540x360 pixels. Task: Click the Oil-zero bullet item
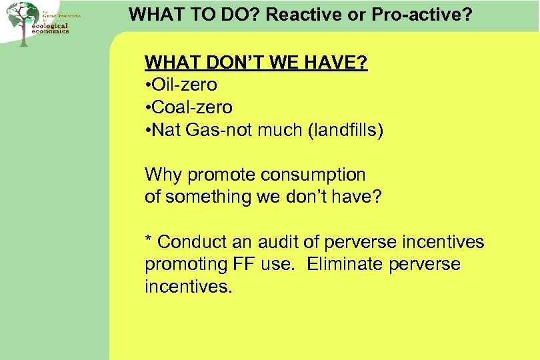[181, 85]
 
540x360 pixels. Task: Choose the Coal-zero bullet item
[189, 107]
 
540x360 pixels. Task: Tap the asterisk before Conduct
[149, 240]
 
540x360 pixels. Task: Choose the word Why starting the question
[163, 175]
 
